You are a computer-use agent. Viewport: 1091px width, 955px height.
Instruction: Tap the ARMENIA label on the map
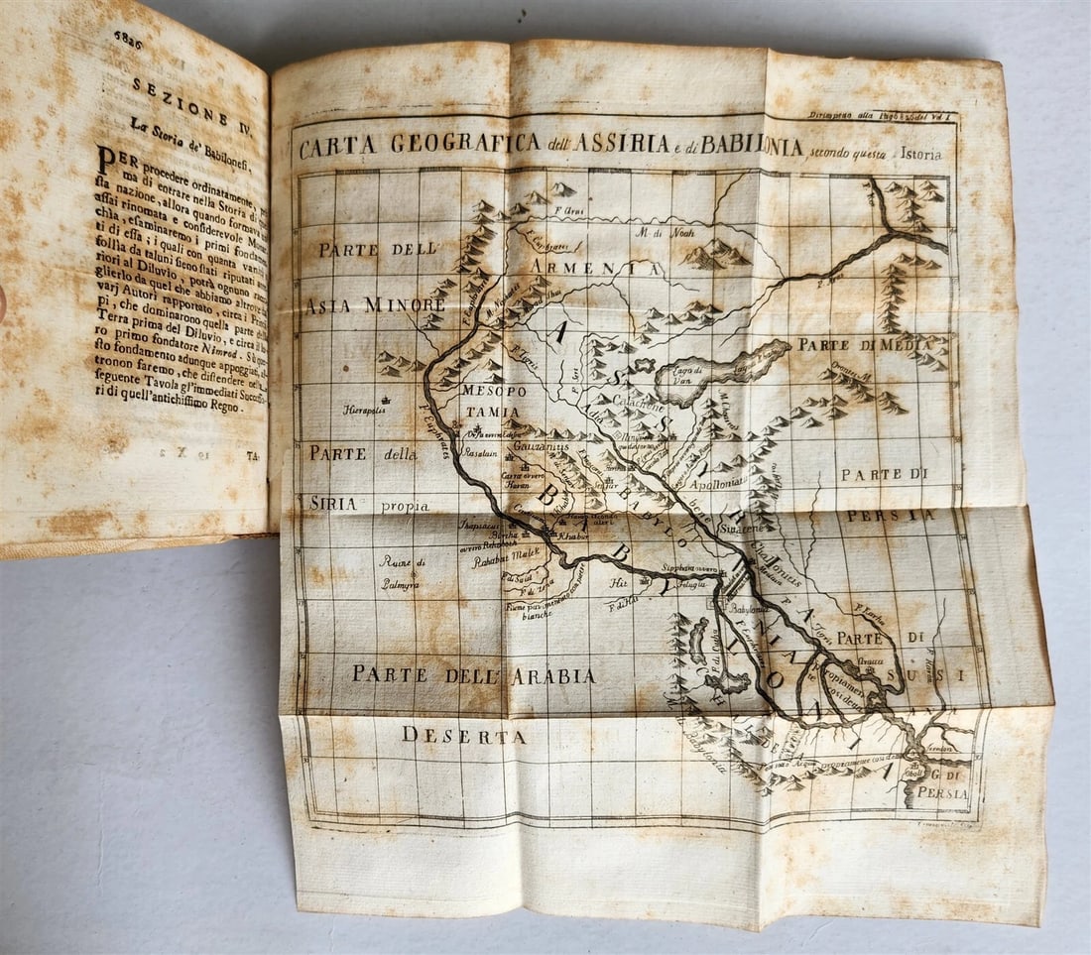595,269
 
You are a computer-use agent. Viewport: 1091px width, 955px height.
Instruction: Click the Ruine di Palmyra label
403,573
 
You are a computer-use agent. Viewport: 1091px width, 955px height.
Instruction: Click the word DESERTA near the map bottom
463,736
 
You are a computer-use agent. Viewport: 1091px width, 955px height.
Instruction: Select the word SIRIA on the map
333,504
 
